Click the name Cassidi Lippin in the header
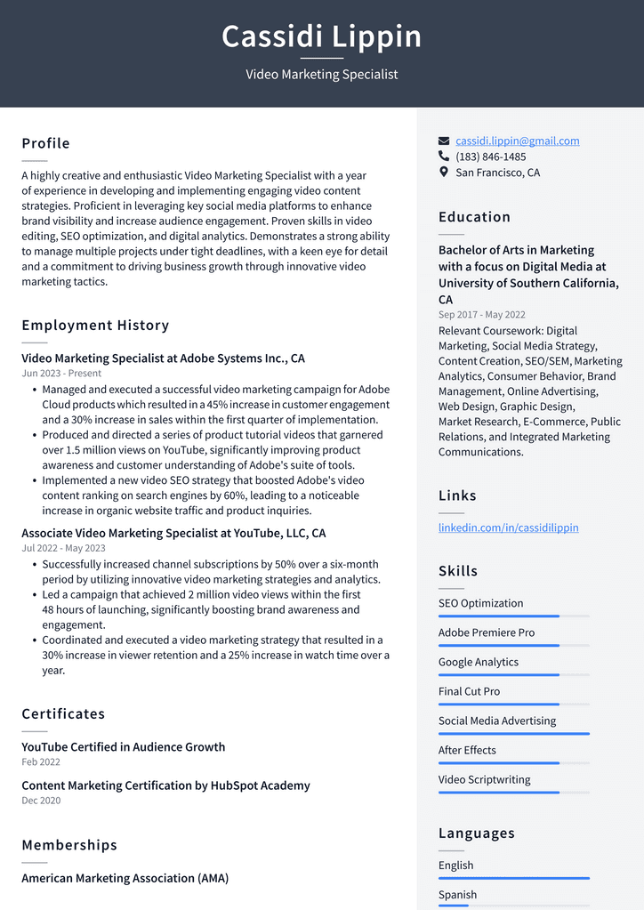321,36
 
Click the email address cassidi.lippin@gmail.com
517,141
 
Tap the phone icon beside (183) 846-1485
444,157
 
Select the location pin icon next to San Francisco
444,173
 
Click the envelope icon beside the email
444,141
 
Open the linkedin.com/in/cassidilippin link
508,527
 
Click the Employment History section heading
95,326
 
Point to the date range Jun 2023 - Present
61,374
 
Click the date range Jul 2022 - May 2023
63,548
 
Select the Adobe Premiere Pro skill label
487,632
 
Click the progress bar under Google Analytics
513,675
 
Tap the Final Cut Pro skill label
469,691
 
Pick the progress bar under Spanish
513,906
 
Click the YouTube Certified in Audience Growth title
123,747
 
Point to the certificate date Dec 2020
41,801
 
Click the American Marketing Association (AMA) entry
125,878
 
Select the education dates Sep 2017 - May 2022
481,315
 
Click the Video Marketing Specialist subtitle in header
321,75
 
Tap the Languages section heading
476,833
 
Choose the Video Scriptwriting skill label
484,779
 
